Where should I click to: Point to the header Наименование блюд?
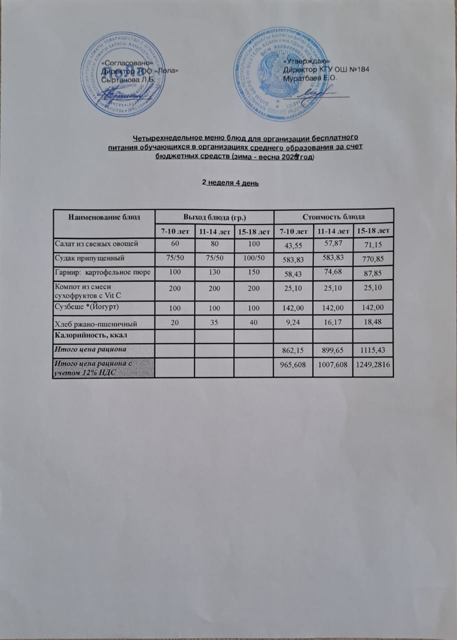[104, 216]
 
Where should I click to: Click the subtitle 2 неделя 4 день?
[230, 183]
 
